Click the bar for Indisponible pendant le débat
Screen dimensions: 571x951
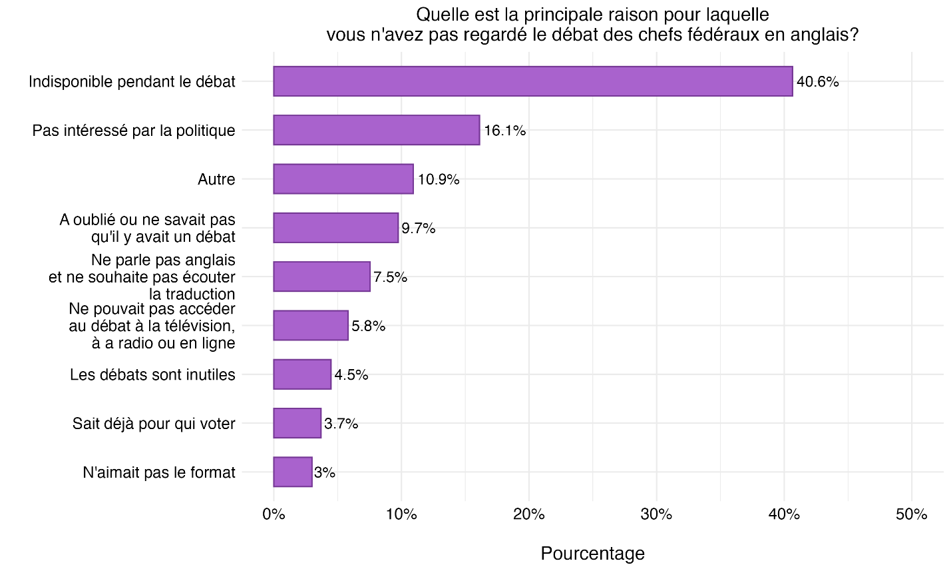532,81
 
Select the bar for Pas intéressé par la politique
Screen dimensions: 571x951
376,130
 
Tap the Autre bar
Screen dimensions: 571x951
343,179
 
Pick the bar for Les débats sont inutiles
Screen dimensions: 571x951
302,374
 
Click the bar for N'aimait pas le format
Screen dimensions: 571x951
293,472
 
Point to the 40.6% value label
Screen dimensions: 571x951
818,82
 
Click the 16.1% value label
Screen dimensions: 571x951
504,131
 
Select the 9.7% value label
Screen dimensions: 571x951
418,229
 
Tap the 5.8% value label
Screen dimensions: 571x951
368,326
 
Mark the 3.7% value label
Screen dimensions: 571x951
341,424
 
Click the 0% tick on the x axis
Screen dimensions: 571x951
274,514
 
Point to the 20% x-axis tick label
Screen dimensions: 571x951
529,514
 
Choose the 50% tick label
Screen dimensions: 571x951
912,514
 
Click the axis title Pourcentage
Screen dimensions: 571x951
592,554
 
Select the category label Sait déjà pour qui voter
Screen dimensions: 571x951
154,424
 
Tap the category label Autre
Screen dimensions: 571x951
216,179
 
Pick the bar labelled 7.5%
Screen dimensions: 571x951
321,277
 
